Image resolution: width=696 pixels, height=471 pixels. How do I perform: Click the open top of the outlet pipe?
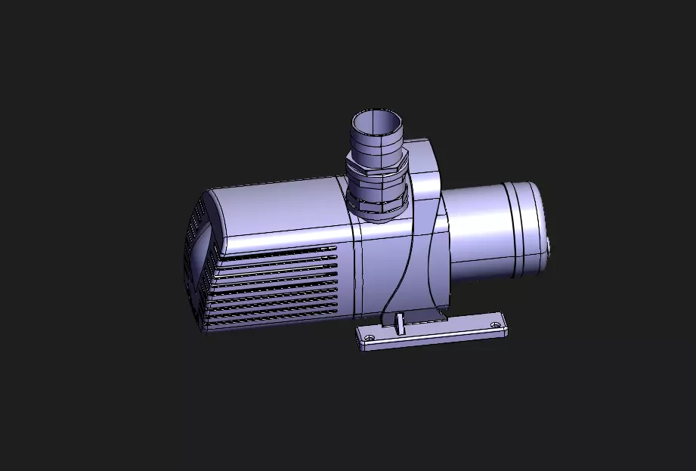pyautogui.click(x=376, y=120)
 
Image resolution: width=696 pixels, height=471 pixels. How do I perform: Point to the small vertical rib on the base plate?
pyautogui.click(x=398, y=323)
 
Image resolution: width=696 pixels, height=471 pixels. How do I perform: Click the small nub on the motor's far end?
pyautogui.click(x=549, y=246)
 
